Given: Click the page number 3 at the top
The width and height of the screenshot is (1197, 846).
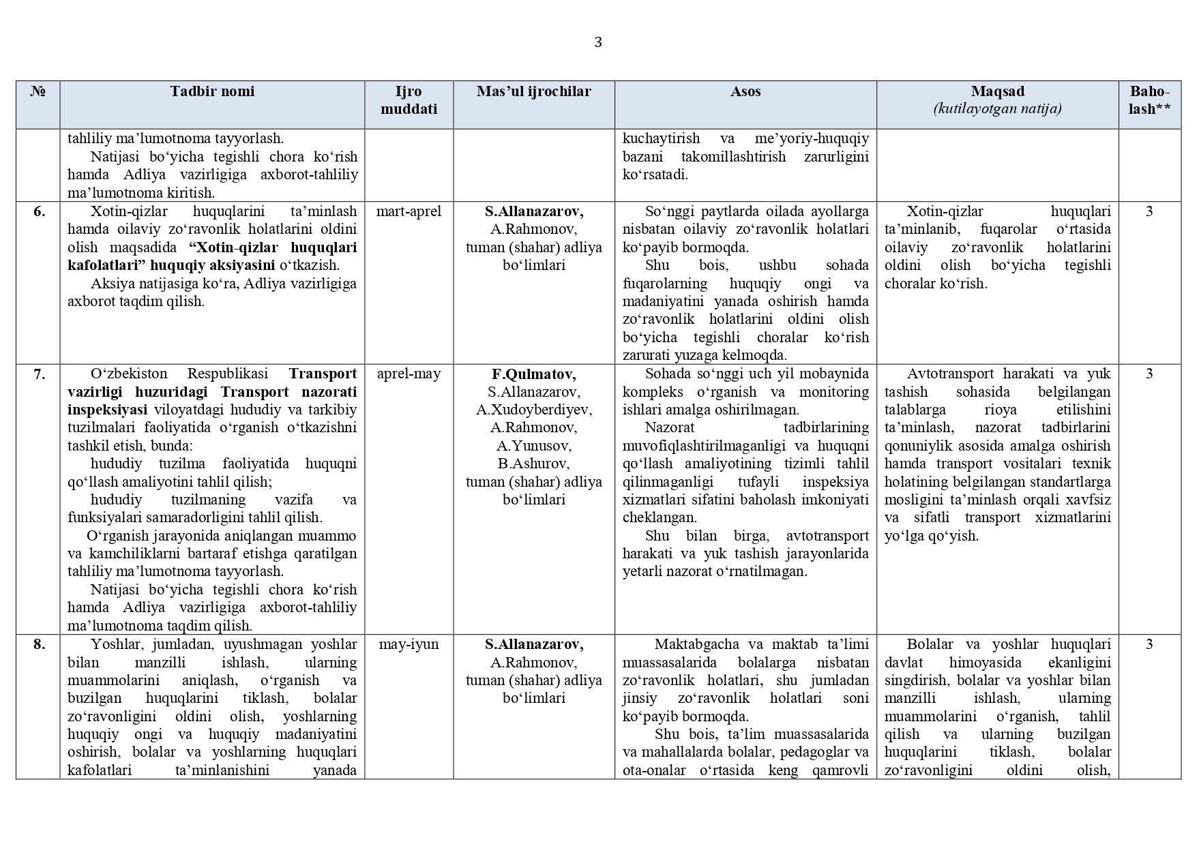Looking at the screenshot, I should click(x=598, y=42).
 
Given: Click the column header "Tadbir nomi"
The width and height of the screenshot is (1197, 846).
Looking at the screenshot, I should click(x=212, y=91).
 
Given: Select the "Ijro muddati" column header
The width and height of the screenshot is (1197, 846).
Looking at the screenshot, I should click(x=409, y=100).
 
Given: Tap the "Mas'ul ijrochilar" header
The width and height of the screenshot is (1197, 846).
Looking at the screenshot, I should click(x=533, y=91).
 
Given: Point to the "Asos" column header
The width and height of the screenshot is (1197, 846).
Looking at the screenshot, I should click(x=745, y=91).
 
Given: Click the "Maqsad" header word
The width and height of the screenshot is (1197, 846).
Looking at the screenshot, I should click(x=998, y=91).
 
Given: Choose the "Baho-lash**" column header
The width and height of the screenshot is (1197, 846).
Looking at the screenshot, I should click(x=1149, y=100).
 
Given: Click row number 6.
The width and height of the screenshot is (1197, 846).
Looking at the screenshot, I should click(x=40, y=211).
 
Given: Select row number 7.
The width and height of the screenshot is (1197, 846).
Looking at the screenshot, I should click(x=40, y=374).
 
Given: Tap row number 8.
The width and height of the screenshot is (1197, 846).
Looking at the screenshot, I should click(x=40, y=644).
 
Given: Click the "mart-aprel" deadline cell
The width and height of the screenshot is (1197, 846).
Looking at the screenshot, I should click(x=409, y=211).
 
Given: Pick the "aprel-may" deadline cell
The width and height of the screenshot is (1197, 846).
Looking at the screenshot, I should click(x=409, y=374).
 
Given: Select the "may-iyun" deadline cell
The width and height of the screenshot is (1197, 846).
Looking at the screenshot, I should click(x=409, y=644).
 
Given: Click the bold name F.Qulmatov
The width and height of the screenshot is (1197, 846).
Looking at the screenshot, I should click(x=533, y=374).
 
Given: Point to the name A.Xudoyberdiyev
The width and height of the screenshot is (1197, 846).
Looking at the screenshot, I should click(x=533, y=410).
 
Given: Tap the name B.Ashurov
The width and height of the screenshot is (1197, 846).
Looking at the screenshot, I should click(x=533, y=464).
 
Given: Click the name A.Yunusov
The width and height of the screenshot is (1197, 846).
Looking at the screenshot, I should click(x=533, y=446).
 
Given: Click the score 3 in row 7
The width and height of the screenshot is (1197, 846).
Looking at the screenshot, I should click(x=1149, y=374).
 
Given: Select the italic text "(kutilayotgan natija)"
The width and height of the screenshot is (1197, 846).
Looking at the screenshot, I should click(x=998, y=109).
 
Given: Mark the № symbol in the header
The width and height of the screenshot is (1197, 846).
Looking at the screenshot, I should click(x=38, y=91).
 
